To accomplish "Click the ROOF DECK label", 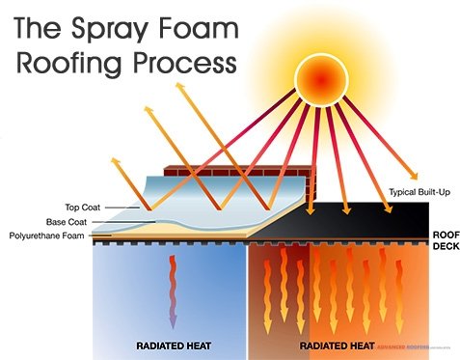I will coord(444,238).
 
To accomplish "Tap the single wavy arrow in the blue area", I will coord(173,294).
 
